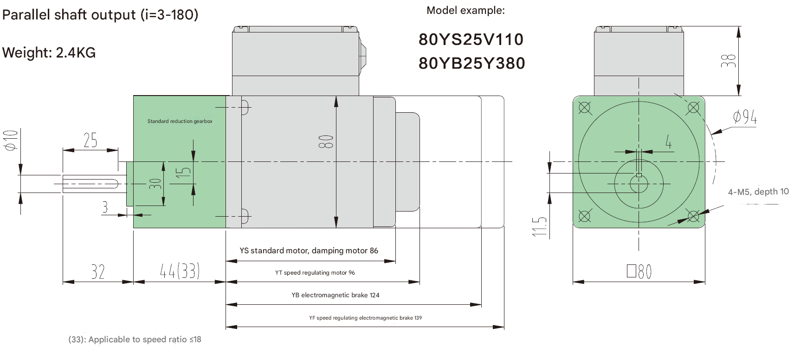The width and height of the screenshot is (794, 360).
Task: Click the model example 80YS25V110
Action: (x=471, y=39)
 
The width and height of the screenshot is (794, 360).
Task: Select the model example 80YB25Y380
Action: (x=471, y=63)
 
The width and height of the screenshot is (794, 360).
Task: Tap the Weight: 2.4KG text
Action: (x=49, y=52)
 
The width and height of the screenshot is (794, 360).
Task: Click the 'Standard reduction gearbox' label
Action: (x=180, y=121)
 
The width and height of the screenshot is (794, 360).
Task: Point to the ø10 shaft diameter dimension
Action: (x=11, y=140)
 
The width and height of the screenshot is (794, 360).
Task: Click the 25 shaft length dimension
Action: (x=90, y=140)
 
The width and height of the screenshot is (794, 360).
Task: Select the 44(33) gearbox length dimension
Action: (x=180, y=271)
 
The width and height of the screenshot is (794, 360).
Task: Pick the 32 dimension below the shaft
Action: (x=98, y=271)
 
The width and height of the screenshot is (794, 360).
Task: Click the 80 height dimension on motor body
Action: (x=326, y=141)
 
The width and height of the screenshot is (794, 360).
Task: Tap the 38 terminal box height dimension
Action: (x=728, y=61)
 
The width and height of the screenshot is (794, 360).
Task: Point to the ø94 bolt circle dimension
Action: (x=744, y=117)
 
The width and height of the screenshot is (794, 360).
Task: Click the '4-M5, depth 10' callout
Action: (x=758, y=192)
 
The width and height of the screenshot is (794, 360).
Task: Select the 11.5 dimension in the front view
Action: (x=540, y=226)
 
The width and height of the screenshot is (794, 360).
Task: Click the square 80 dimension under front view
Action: (x=639, y=271)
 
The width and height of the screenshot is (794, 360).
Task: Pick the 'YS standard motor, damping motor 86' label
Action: (x=309, y=251)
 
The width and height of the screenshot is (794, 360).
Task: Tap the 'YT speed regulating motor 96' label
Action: (x=315, y=273)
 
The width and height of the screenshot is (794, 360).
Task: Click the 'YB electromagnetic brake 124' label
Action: (x=335, y=295)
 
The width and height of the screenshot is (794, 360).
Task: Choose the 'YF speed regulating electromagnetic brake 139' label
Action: (x=365, y=318)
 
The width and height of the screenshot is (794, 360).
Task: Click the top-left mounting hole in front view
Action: (x=585, y=108)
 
